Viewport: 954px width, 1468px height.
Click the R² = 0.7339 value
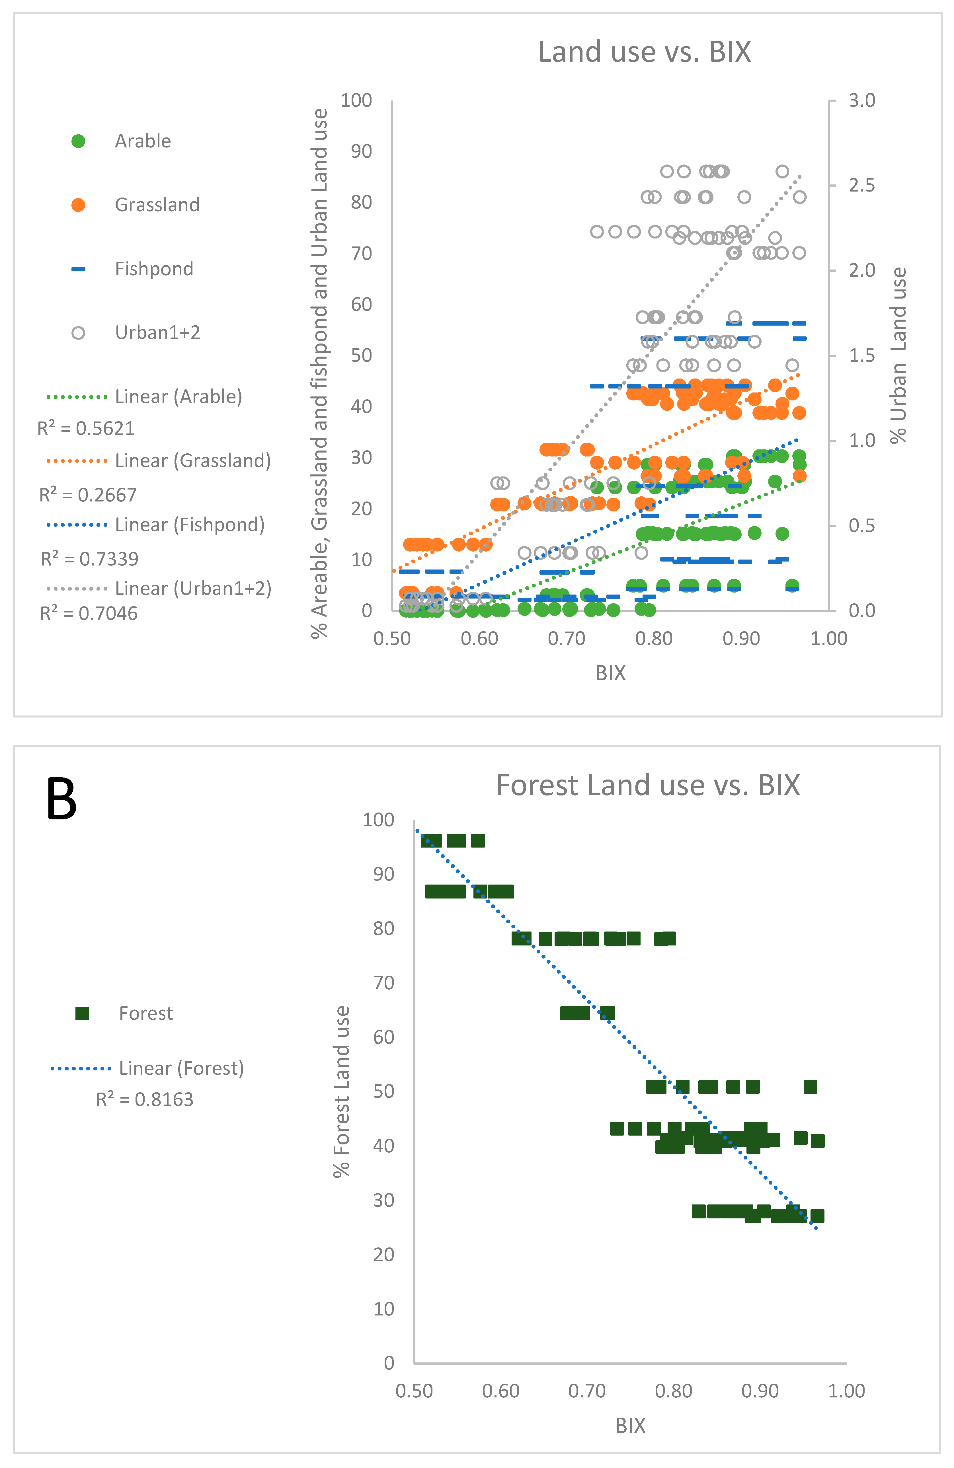click(x=89, y=559)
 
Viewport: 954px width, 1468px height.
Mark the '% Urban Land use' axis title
click(x=898, y=355)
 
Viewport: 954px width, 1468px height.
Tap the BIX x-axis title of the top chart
click(x=610, y=673)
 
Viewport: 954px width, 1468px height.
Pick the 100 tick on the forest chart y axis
click(x=378, y=820)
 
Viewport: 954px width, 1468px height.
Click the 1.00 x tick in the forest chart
click(x=846, y=1391)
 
